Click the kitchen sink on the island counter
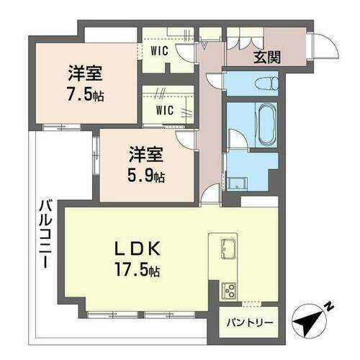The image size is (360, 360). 228,248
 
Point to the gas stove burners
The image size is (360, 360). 230,292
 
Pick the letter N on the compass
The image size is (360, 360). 328,305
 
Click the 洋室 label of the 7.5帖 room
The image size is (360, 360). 84,73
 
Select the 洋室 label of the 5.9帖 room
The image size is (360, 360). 145,154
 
